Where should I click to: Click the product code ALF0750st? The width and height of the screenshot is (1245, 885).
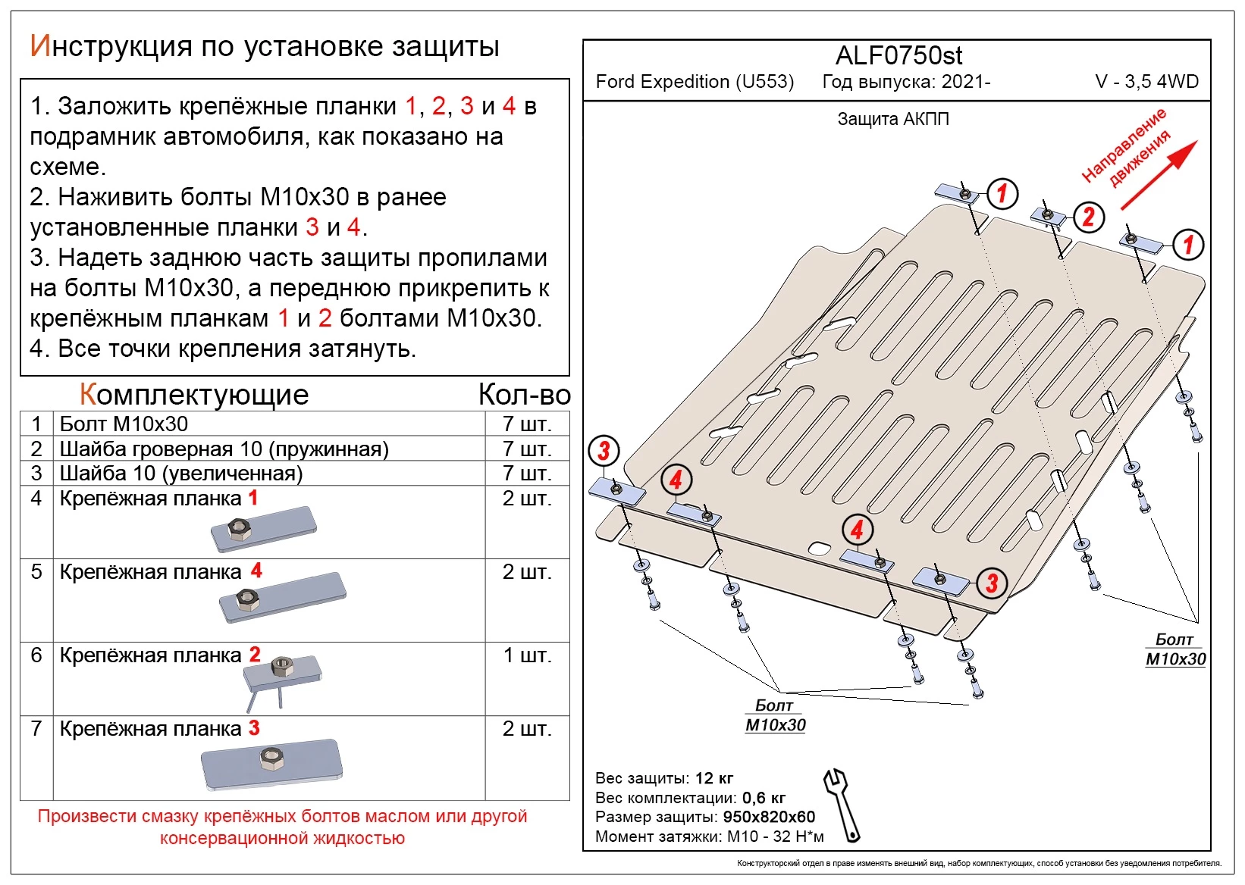898,56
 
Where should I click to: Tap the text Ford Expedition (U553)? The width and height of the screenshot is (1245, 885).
695,82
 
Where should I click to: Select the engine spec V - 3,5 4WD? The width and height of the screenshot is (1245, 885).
1146,82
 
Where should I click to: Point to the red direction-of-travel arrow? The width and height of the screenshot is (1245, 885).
1159,176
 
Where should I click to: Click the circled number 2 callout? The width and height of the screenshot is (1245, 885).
1089,217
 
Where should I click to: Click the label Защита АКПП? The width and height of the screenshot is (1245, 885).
892,119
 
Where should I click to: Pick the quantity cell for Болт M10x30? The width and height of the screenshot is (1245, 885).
526,424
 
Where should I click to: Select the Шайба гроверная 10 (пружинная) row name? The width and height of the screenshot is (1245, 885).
224,449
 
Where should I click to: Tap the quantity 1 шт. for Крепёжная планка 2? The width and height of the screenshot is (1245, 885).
526,655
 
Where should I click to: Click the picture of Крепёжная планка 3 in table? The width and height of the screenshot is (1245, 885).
271,765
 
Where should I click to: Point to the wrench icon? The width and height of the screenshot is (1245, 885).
842,806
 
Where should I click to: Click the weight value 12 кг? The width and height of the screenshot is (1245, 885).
714,778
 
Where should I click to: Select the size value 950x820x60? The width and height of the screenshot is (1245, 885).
769,817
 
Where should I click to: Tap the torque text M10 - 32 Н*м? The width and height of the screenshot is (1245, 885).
775,837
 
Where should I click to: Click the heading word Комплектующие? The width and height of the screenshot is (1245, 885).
194,395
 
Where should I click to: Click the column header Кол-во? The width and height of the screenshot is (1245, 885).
524,395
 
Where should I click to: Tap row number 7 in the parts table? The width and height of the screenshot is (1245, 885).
36,729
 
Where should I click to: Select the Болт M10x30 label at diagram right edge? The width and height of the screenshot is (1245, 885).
1174,649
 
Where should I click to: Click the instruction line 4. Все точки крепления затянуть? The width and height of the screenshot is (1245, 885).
223,349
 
